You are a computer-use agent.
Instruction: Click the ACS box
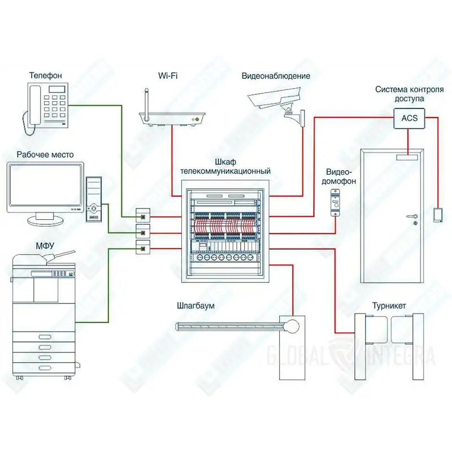[x=409, y=118]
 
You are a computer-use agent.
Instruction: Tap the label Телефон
[x=46, y=76]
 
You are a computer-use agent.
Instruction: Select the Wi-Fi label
[x=168, y=76]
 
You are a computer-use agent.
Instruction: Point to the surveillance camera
[x=276, y=102]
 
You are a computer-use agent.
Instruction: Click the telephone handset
[x=35, y=105]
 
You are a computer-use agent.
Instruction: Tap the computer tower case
[x=94, y=199]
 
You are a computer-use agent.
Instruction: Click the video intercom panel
[x=335, y=202]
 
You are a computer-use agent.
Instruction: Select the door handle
[x=412, y=216]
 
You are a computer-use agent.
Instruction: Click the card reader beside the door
[x=438, y=215]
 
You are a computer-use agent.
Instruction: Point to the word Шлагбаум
[x=195, y=306]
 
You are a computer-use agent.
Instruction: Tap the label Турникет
[x=389, y=306]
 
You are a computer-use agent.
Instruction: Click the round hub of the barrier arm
[x=292, y=327]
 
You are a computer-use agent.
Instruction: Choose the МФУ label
[x=45, y=246]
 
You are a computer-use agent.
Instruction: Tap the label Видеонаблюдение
[x=276, y=76]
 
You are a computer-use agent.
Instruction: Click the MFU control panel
[x=53, y=273]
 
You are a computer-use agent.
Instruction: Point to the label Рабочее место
[x=45, y=155]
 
